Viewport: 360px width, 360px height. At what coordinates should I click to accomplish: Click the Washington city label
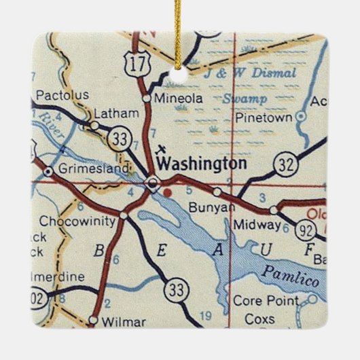tap(201, 164)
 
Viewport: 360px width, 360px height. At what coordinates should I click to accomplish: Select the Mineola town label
tap(179, 98)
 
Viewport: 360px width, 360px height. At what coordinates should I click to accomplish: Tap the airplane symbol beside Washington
tap(161, 148)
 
